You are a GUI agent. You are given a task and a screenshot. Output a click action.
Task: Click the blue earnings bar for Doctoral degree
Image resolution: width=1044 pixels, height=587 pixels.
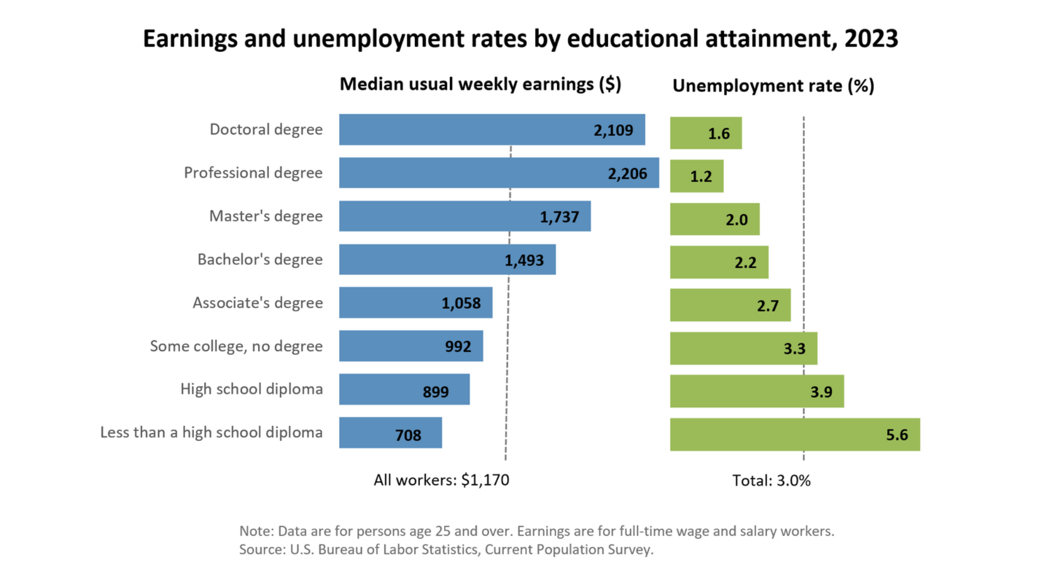click(x=462, y=129)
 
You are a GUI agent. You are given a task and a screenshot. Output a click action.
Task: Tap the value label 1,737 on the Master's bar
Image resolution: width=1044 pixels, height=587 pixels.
click(x=559, y=217)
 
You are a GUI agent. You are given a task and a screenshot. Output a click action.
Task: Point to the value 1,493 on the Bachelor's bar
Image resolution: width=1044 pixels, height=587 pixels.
click(x=524, y=260)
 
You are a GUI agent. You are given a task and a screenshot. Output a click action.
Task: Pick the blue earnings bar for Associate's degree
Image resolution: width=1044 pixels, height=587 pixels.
click(x=391, y=303)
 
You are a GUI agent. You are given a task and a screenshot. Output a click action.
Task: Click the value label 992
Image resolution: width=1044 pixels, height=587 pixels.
click(x=458, y=346)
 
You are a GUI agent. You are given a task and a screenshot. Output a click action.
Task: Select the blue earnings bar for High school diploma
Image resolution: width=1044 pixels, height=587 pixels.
click(x=381, y=389)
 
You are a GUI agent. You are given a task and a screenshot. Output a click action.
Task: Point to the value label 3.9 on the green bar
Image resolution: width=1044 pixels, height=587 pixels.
click(x=821, y=392)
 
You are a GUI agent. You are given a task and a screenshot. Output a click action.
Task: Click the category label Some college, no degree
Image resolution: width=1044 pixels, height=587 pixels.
click(x=236, y=346)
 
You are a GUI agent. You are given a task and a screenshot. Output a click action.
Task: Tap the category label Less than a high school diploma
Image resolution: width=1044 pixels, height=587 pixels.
click(x=211, y=433)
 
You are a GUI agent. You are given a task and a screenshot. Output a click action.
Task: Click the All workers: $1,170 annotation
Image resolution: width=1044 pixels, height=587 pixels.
click(x=441, y=480)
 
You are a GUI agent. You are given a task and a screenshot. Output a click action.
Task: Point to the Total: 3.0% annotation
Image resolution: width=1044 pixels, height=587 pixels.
click(x=771, y=480)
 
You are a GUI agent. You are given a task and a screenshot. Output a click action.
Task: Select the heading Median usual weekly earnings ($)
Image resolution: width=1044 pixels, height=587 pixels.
click(x=480, y=84)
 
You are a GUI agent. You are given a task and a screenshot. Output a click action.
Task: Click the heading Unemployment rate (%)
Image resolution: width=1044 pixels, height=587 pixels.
click(x=773, y=86)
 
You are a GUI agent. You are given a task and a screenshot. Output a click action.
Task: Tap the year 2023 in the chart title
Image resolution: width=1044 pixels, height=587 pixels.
click(x=871, y=39)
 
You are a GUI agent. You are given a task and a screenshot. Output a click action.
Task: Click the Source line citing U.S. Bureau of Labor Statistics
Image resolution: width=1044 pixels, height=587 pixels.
click(x=446, y=549)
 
